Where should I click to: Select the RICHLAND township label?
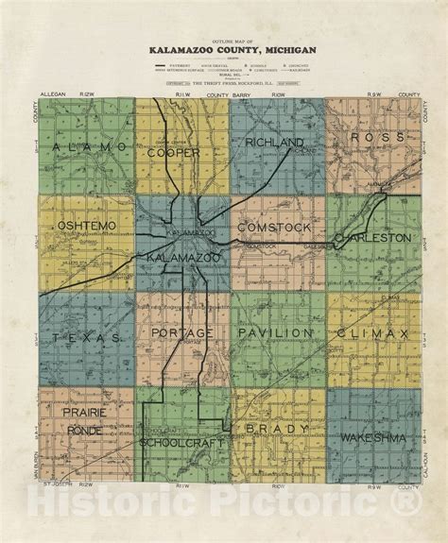[x=274, y=143]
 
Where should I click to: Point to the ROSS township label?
[x=369, y=138]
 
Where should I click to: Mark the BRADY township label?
[x=278, y=429]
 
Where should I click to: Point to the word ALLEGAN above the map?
[x=53, y=95]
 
